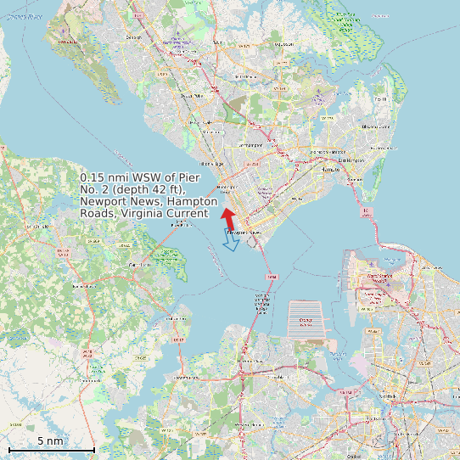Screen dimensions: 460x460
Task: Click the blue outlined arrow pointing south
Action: (x=230, y=239)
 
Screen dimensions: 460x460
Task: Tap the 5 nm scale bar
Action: (x=51, y=449)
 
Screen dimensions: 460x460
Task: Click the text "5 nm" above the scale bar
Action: (x=50, y=440)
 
